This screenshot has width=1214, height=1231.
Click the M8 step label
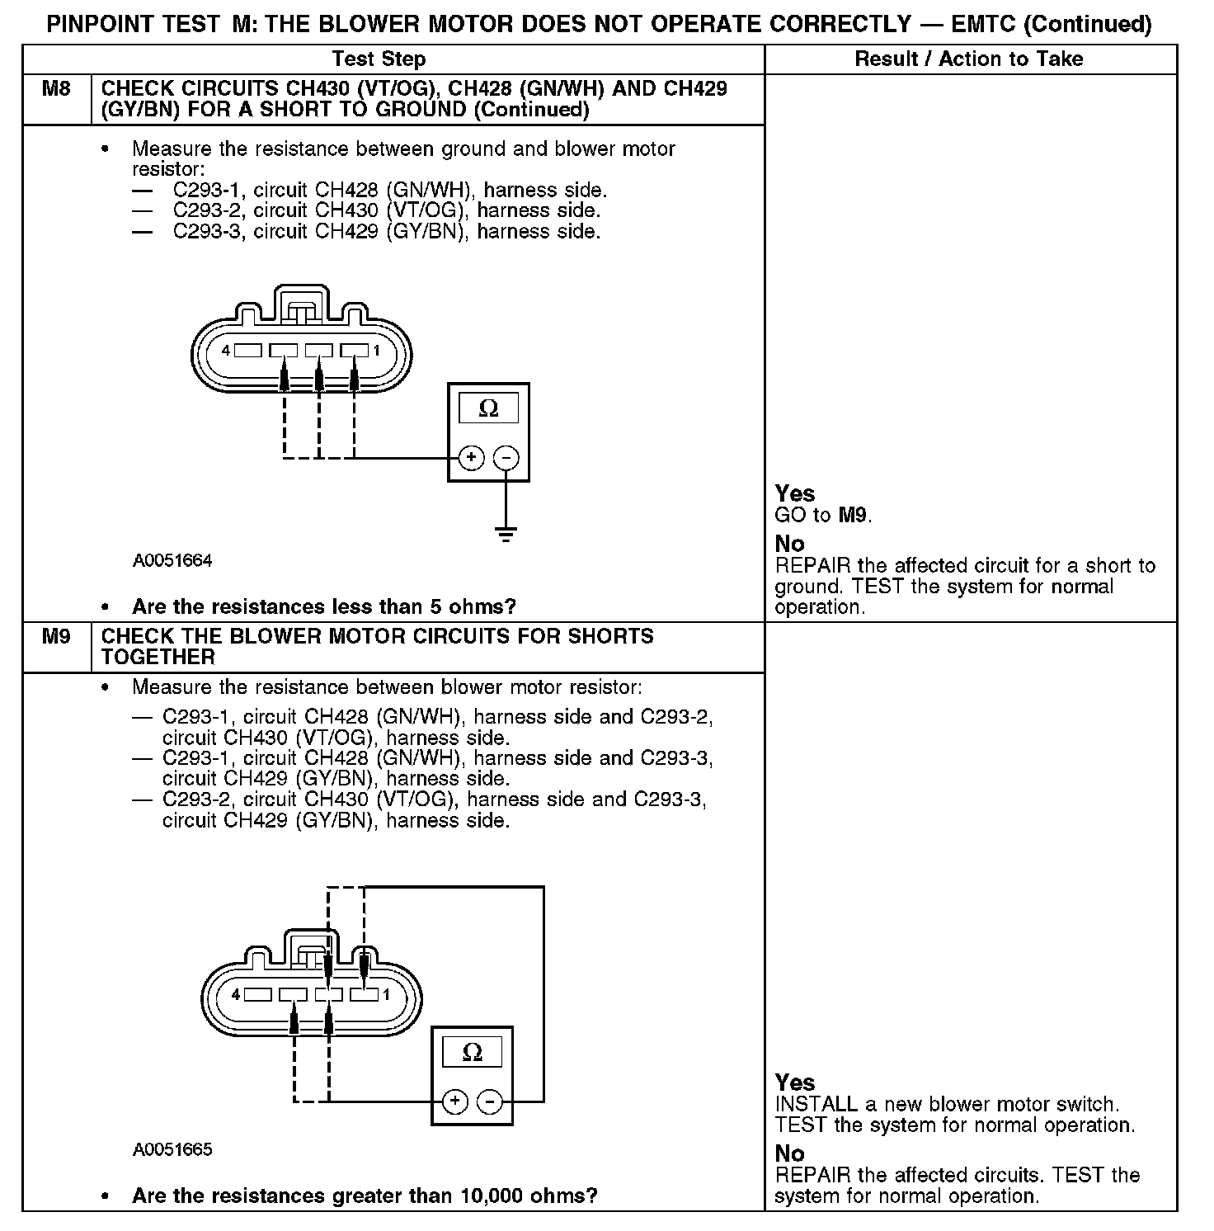point(56,89)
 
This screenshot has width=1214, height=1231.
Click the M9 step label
point(56,637)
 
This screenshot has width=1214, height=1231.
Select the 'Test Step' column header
point(379,59)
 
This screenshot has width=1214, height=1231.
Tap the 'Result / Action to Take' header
point(969,59)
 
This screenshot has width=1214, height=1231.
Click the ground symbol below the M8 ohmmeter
point(506,534)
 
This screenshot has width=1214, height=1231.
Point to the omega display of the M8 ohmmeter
point(488,408)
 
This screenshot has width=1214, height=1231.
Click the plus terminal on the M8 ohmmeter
point(471,458)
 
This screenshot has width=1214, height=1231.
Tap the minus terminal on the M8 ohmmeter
point(506,458)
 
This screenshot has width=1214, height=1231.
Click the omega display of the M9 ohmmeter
point(472,1052)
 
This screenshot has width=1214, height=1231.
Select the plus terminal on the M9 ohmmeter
point(455,1101)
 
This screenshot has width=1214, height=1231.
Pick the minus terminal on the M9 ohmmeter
point(490,1101)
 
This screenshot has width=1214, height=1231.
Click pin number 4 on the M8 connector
point(225,351)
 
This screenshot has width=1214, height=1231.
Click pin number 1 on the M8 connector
point(376,351)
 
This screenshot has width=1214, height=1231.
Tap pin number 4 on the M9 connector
point(236,995)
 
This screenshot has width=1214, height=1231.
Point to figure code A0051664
point(172,561)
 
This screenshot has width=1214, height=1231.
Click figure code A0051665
point(172,1150)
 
